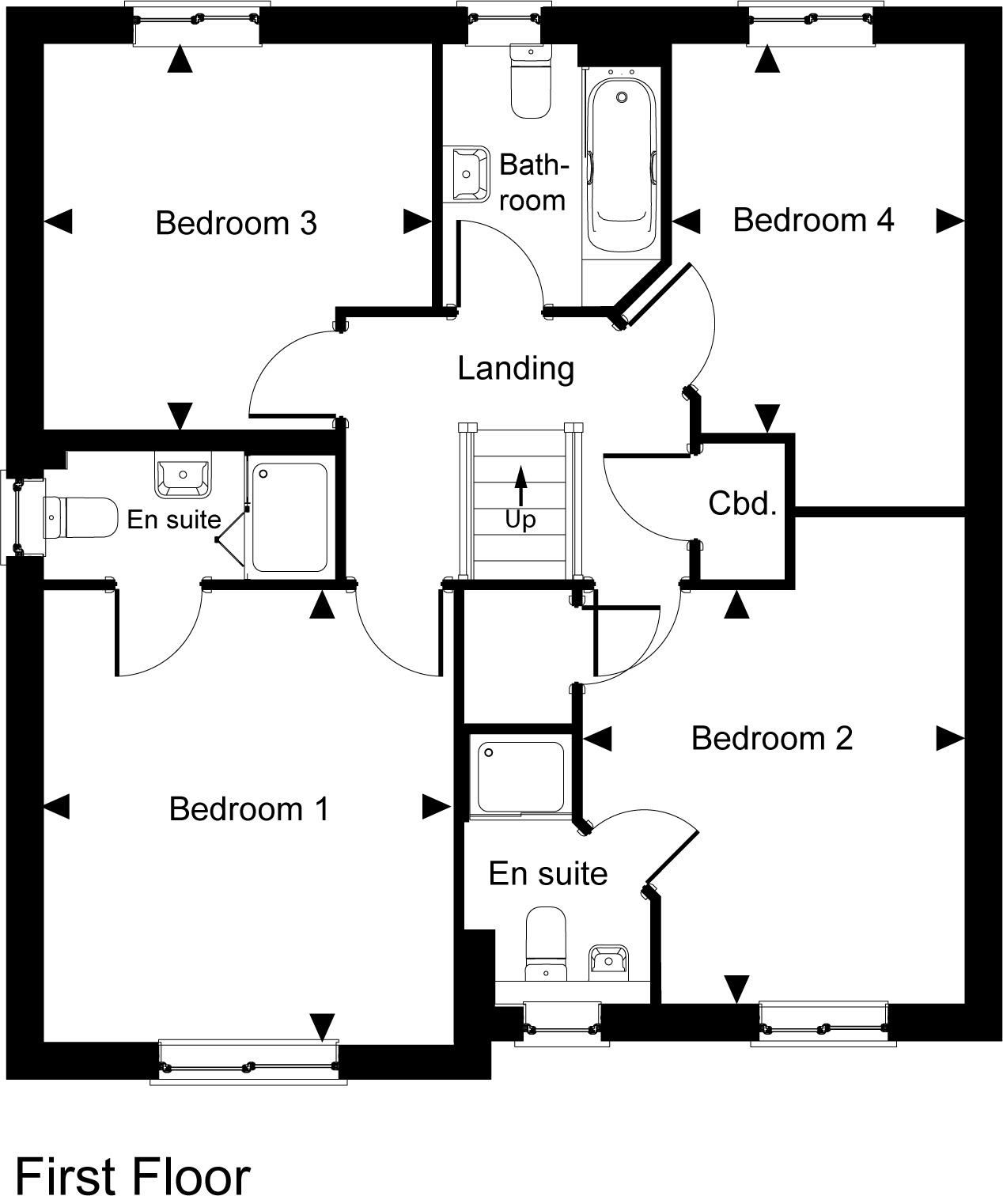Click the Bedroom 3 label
pyautogui.click(x=236, y=223)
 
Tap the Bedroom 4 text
pyautogui.click(x=813, y=220)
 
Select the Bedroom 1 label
pyautogui.click(x=249, y=808)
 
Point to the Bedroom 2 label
pyautogui.click(x=772, y=738)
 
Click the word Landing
pyautogui.click(x=516, y=369)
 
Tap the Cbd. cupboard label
pyautogui.click(x=743, y=504)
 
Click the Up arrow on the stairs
pyautogui.click(x=520, y=486)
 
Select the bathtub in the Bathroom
pyautogui.click(x=622, y=165)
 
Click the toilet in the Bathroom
pyautogui.click(x=531, y=81)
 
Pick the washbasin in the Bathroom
pyautogui.click(x=467, y=173)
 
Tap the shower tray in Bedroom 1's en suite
pyautogui.click(x=290, y=517)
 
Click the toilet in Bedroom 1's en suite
pyautogui.click(x=81, y=517)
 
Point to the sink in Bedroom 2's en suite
pyautogui.click(x=608, y=963)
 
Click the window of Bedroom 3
pyautogui.click(x=196, y=23)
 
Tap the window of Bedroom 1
pyautogui.click(x=248, y=1063)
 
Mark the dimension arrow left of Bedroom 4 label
pyautogui.click(x=686, y=221)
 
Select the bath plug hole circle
pyautogui.click(x=622, y=97)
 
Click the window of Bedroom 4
pyautogui.click(x=811, y=23)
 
